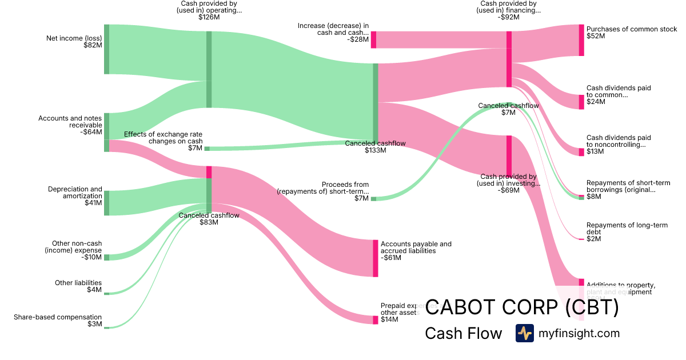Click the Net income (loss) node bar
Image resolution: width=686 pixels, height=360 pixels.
pos(106,49)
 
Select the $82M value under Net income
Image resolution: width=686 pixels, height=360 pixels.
pos(93,45)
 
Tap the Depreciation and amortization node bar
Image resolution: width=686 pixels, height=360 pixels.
pos(106,203)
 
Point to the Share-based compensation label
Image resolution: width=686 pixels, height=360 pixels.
pos(58,317)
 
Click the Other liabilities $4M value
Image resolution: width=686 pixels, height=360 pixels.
pos(95,290)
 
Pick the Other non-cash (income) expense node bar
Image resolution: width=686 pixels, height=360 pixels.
pos(106,257)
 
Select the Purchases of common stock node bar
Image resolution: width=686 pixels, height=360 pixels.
pos(581,40)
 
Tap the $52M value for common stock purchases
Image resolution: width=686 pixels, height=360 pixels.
pos(596,36)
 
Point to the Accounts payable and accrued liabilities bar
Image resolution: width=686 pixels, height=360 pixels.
pos(376,258)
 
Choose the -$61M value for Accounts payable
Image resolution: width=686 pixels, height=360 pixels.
pos(391,258)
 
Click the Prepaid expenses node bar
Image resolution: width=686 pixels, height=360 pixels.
pos(376,319)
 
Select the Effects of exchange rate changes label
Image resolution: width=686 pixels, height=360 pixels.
pos(163,138)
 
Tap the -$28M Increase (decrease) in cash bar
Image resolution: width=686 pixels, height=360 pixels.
pos(373,39)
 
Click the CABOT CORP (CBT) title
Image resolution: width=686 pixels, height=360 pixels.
pos(522,308)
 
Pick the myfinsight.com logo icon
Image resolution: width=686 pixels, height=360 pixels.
pos(524,333)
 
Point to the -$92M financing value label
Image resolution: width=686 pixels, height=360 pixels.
pos(508,17)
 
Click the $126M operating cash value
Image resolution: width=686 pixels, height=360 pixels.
pos(209,17)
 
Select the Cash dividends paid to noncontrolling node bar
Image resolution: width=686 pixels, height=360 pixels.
pos(581,152)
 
